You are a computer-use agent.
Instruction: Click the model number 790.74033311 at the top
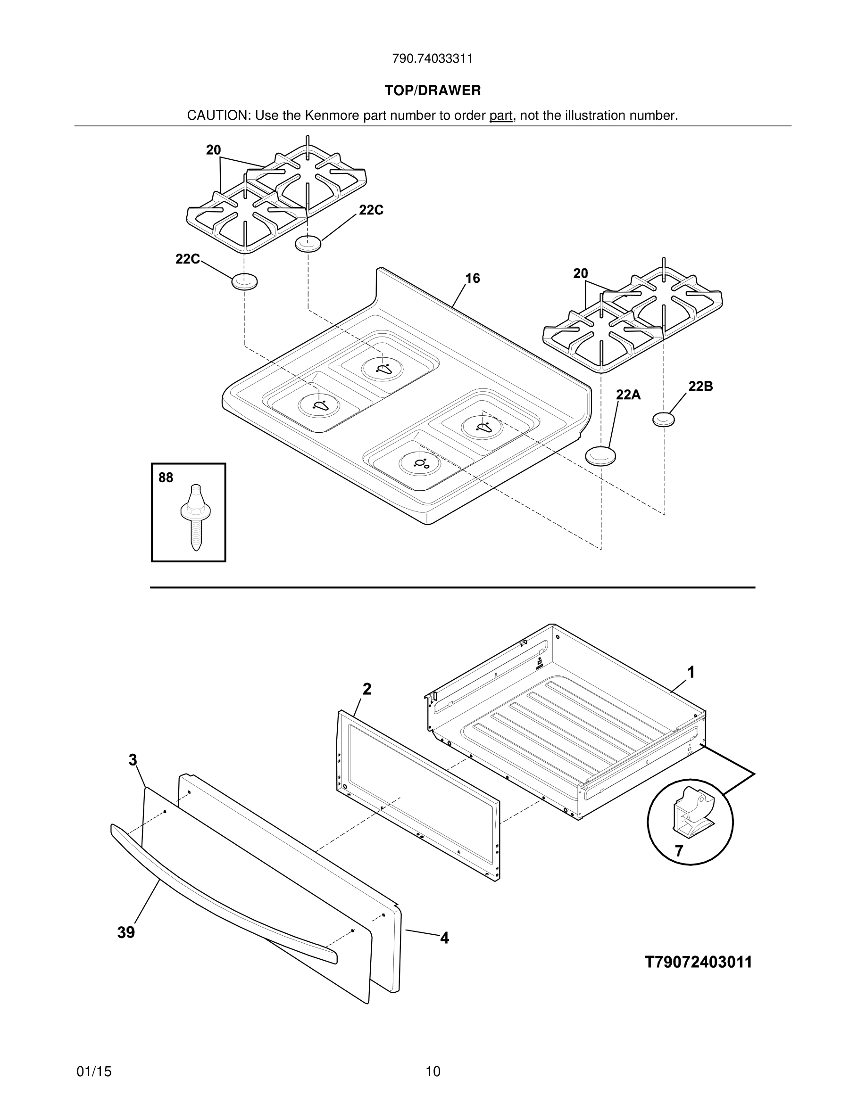pyautogui.click(x=433, y=59)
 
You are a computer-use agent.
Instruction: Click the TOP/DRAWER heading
pyautogui.click(x=433, y=91)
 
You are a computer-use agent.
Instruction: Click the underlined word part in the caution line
pyautogui.click(x=501, y=116)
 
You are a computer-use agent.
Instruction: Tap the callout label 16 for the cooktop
pyautogui.click(x=473, y=279)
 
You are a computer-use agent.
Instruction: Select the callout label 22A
pyautogui.click(x=628, y=395)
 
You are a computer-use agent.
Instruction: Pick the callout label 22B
pyautogui.click(x=700, y=387)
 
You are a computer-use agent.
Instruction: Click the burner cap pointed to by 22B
pyautogui.click(x=664, y=420)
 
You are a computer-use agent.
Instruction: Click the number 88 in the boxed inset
pyautogui.click(x=166, y=478)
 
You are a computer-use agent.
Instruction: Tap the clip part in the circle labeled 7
pyautogui.click(x=691, y=815)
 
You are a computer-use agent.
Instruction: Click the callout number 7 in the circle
pyautogui.click(x=679, y=851)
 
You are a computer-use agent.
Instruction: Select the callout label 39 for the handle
pyautogui.click(x=126, y=932)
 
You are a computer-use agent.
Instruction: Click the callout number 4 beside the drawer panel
pyautogui.click(x=444, y=938)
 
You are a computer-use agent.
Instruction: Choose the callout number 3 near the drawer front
pyautogui.click(x=133, y=760)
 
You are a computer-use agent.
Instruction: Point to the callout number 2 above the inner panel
pyautogui.click(x=367, y=689)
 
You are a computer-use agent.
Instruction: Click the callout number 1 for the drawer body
pyautogui.click(x=691, y=672)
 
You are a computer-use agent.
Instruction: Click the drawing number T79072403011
pyautogui.click(x=698, y=962)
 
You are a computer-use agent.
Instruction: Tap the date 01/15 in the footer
pyautogui.click(x=94, y=1071)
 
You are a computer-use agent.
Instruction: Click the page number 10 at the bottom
pyautogui.click(x=433, y=1071)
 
